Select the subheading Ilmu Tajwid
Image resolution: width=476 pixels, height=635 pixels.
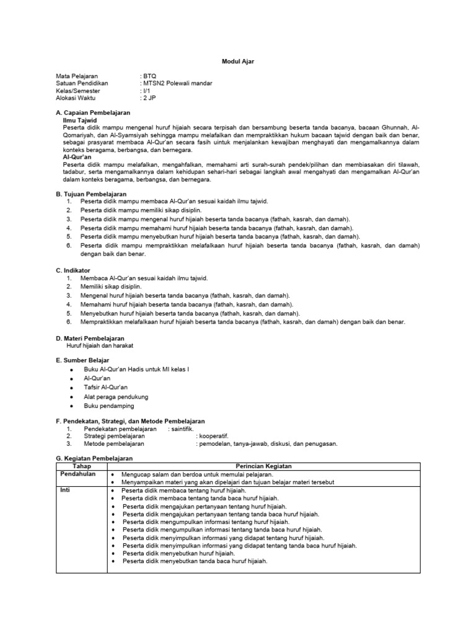(x=81, y=120)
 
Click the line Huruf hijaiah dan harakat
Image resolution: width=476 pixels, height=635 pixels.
(x=100, y=345)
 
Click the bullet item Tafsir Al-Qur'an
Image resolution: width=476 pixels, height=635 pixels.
(x=106, y=386)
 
